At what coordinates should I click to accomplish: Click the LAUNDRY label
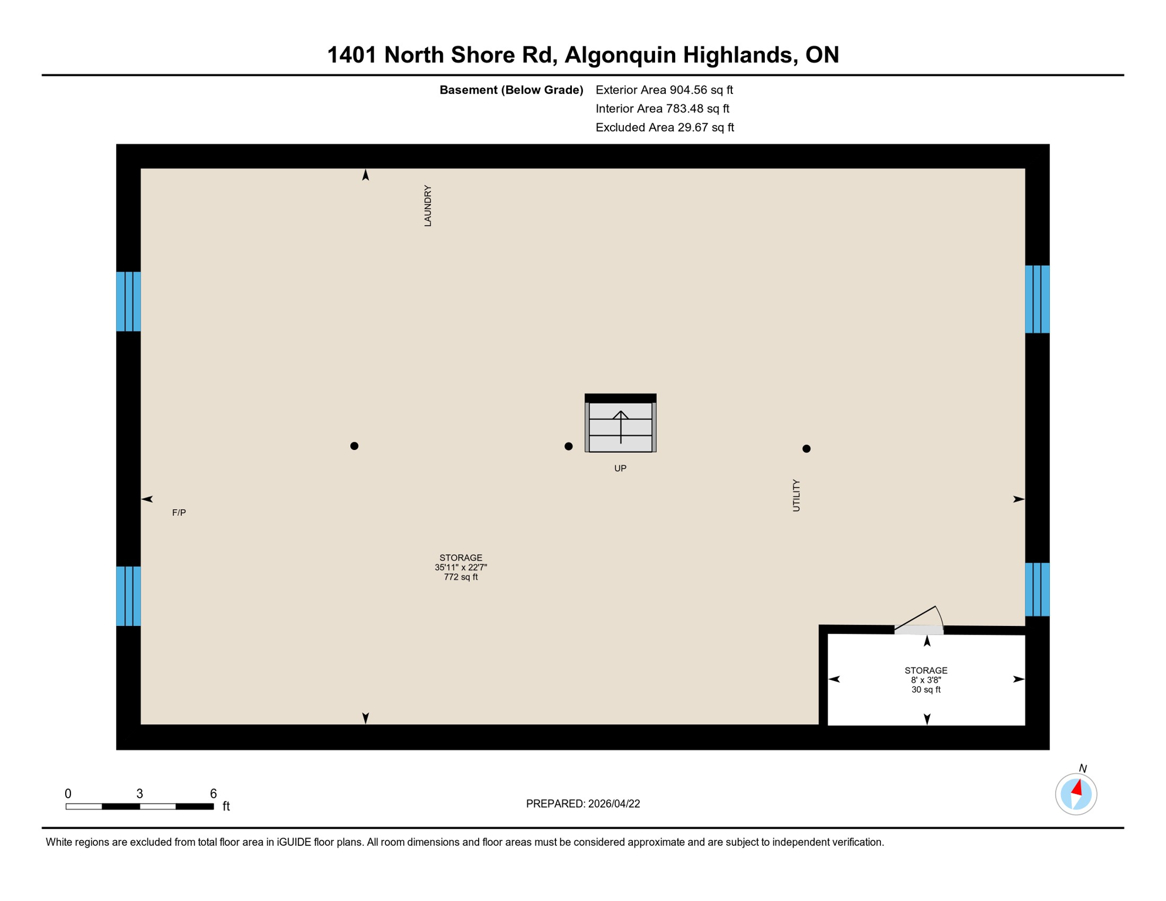tap(428, 206)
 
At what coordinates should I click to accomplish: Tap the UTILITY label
tap(796, 496)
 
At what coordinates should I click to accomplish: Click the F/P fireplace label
tap(179, 513)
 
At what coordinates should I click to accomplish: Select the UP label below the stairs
tap(620, 468)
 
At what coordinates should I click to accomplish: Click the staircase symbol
tap(621, 424)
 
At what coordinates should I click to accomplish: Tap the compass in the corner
tap(1076, 794)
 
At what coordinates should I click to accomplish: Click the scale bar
tap(140, 807)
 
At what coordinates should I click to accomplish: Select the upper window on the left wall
tap(128, 302)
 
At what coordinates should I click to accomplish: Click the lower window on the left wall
tap(128, 596)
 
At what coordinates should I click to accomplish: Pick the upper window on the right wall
tap(1037, 299)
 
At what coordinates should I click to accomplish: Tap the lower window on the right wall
tap(1037, 590)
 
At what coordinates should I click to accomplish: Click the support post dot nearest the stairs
tap(568, 446)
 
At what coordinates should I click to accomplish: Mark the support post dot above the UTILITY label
tap(806, 449)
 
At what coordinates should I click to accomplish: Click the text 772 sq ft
tap(460, 577)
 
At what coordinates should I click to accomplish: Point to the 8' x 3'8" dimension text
tap(926, 680)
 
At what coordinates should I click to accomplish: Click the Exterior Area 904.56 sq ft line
tap(664, 90)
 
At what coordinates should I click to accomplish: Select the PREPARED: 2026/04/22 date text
tap(583, 804)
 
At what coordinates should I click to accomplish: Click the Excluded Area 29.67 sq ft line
tap(665, 127)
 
